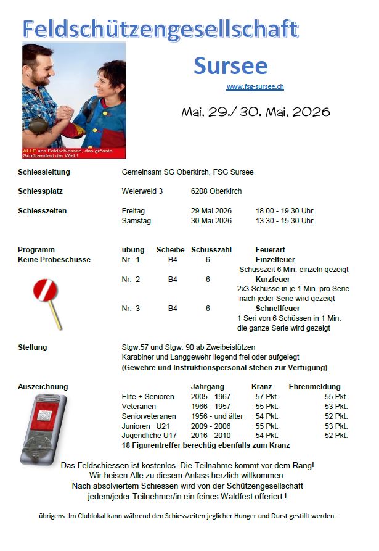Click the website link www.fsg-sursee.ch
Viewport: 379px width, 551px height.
point(255,87)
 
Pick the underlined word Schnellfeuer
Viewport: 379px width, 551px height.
point(277,309)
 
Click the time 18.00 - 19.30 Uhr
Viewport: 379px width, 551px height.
point(284,211)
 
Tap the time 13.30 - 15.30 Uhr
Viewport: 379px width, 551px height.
point(284,220)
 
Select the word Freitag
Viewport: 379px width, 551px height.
point(133,211)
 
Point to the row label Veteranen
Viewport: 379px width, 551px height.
point(139,407)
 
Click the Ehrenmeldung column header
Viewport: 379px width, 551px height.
point(315,387)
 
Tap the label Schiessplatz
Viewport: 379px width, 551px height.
point(41,191)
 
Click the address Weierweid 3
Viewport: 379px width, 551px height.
point(142,191)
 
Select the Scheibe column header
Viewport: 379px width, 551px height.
point(170,250)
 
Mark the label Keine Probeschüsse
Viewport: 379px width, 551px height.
point(54,260)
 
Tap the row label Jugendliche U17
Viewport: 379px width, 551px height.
point(150,436)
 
